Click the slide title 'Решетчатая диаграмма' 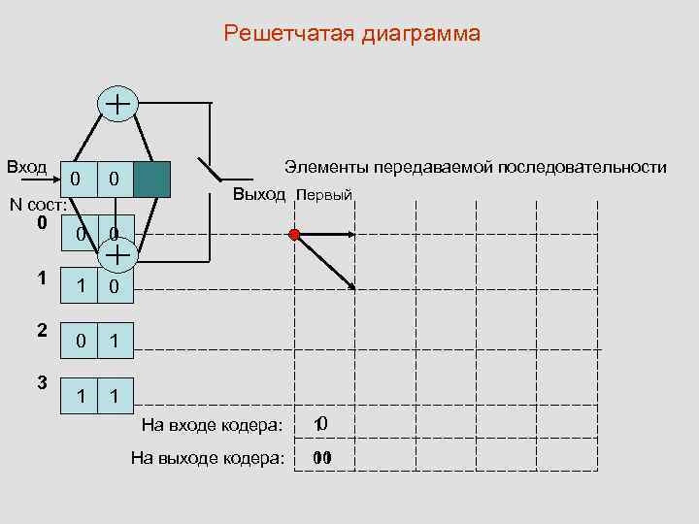pos(351,35)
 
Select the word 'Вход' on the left pos(26,166)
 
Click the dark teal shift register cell pos(151,179)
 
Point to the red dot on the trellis pos(294,234)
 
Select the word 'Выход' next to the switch pos(259,194)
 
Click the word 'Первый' pos(323,195)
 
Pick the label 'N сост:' pos(37,205)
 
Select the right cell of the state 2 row pos(115,341)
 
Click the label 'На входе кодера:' pos(212,424)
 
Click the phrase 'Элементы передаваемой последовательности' pos(475,168)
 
